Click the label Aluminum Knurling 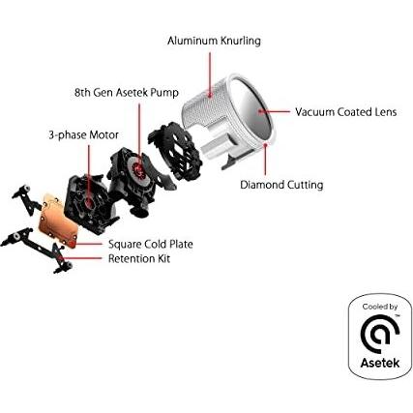(214, 41)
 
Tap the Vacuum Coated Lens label (345, 111)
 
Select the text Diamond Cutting (281, 185)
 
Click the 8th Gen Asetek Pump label (126, 93)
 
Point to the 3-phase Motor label (83, 135)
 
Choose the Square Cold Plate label (150, 245)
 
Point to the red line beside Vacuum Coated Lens (279, 111)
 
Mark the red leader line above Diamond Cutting (266, 160)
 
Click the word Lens (385, 111)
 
